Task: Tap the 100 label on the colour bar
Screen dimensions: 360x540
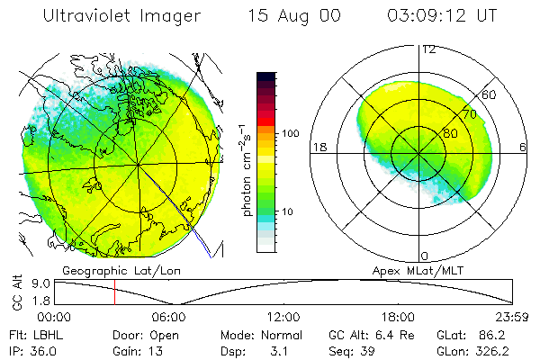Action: (x=291, y=133)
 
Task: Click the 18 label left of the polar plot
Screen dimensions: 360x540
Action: (x=318, y=146)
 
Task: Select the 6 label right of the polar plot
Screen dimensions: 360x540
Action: (x=523, y=146)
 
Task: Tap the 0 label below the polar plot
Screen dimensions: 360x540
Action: (x=424, y=256)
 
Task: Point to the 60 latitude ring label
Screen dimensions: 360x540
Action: (x=489, y=95)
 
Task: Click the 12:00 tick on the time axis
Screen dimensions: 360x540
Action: (x=283, y=317)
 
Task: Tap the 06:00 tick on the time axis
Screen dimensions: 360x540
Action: (x=168, y=317)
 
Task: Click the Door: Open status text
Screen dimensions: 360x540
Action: (x=143, y=335)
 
